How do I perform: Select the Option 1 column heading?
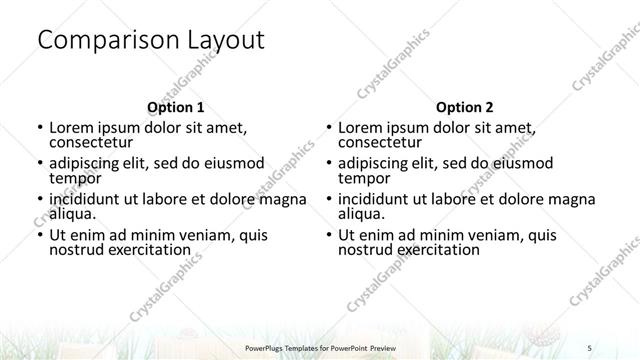(175, 106)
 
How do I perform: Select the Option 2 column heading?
(465, 106)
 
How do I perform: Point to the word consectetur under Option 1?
(92, 143)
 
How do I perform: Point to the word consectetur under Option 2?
(381, 143)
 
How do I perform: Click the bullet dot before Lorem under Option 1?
(38, 129)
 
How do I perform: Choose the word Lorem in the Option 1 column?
(71, 128)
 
